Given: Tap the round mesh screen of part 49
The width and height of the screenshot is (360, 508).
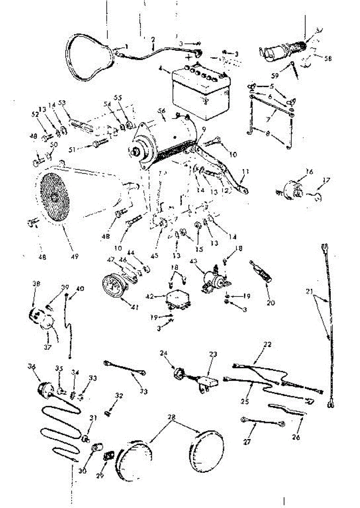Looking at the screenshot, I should pyautogui.click(x=54, y=197).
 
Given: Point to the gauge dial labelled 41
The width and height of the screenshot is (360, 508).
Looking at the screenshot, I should pyautogui.click(x=113, y=288).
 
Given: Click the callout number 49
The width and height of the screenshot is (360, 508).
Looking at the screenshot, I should pyautogui.click(x=75, y=256).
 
